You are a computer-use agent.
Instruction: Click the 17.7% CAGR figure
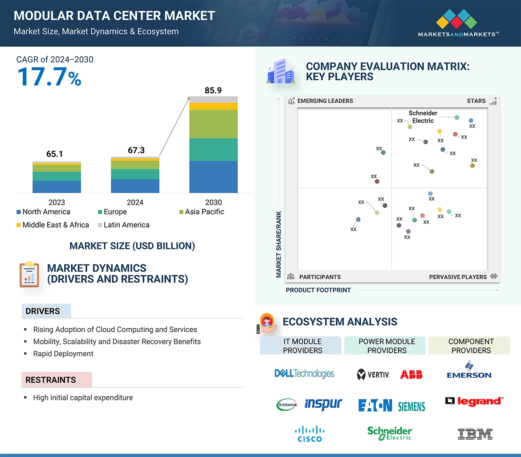(x=49, y=77)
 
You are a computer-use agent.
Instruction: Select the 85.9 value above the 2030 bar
(x=213, y=90)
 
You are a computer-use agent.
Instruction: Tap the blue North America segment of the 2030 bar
(x=213, y=177)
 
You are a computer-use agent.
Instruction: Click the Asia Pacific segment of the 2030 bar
(x=213, y=124)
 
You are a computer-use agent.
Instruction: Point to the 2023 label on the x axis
(x=57, y=202)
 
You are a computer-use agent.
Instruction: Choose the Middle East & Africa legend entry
(x=53, y=225)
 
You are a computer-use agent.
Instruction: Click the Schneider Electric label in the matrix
(x=423, y=117)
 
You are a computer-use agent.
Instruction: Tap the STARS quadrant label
(x=476, y=101)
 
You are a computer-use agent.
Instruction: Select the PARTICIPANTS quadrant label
(x=320, y=277)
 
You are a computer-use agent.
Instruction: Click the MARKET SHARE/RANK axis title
(x=279, y=244)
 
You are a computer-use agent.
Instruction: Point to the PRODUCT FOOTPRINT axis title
(x=318, y=290)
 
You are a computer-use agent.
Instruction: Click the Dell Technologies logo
(x=304, y=374)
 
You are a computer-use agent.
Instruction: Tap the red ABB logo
(x=411, y=375)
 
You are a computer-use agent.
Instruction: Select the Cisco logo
(x=309, y=434)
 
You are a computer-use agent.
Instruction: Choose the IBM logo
(x=475, y=434)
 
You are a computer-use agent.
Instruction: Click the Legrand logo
(x=474, y=401)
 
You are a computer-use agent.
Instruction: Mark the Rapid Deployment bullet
(x=63, y=354)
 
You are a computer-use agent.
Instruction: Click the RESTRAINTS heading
(x=50, y=380)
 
